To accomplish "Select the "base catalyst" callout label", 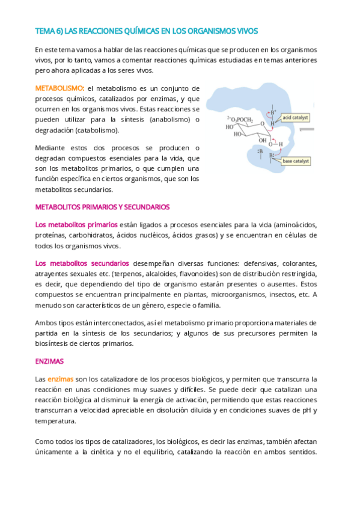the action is click(x=296, y=161).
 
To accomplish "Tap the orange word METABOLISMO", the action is click(x=59, y=88).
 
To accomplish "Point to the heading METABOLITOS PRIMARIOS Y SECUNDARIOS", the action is click(x=103, y=207).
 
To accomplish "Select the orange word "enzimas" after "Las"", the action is click(x=60, y=379).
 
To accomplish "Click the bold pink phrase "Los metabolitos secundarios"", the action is click(x=82, y=263).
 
